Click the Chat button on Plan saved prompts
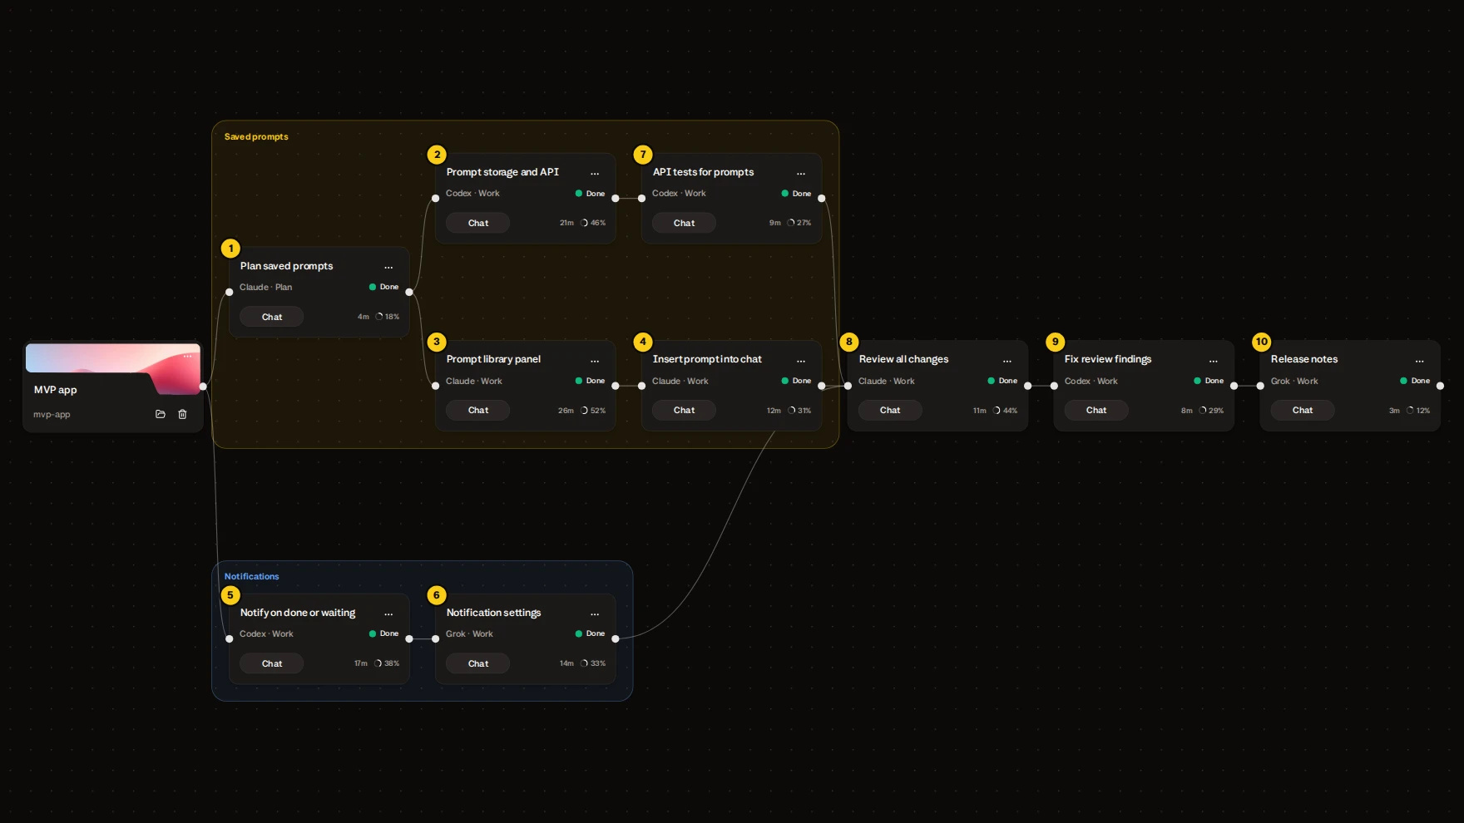pyautogui.click(x=272, y=317)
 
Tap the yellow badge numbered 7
pyautogui.click(x=643, y=155)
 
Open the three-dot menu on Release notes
pyautogui.click(x=1420, y=361)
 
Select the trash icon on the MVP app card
pyautogui.click(x=182, y=414)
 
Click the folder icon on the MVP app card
pyautogui.click(x=161, y=414)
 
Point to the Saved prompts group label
pyautogui.click(x=256, y=136)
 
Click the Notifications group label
pyautogui.click(x=251, y=576)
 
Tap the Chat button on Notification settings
pyautogui.click(x=478, y=663)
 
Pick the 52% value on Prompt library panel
pyautogui.click(x=598, y=411)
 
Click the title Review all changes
pyautogui.click(x=903, y=359)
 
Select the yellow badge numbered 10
pyautogui.click(x=1262, y=342)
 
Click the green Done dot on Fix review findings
pyautogui.click(x=1198, y=381)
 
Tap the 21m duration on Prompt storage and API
pyautogui.click(x=566, y=223)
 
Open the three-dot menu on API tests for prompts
pyautogui.click(x=801, y=174)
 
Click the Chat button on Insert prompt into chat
pyautogui.click(x=685, y=410)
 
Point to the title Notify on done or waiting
pyautogui.click(x=298, y=613)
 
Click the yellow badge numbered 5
pyautogui.click(x=230, y=595)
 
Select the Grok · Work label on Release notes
pyautogui.click(x=1294, y=381)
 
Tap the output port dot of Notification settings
pyautogui.click(x=616, y=638)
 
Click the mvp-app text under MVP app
pyautogui.click(x=52, y=414)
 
